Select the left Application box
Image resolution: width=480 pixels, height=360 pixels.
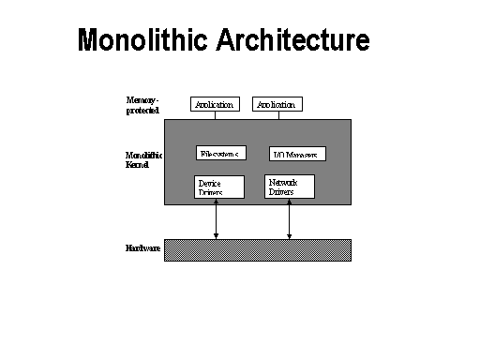(214, 104)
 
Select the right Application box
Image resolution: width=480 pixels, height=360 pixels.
(277, 104)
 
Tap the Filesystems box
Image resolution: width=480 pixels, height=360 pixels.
(221, 153)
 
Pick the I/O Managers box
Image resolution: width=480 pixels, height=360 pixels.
(297, 154)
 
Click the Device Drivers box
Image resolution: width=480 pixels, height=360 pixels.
(218, 187)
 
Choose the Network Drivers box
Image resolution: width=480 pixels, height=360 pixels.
(290, 186)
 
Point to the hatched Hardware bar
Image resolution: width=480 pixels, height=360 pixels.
(258, 249)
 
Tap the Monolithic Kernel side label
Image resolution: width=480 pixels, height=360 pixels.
(143, 159)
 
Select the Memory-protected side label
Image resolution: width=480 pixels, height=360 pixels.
(143, 104)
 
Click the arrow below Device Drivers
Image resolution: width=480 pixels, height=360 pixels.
(217, 219)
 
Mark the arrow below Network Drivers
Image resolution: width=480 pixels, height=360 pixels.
(289, 219)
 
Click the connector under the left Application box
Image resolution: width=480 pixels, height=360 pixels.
(214, 115)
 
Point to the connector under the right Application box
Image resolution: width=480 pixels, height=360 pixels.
(277, 115)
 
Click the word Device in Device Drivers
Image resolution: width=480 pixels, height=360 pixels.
(210, 182)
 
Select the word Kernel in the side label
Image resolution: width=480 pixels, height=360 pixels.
(138, 164)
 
